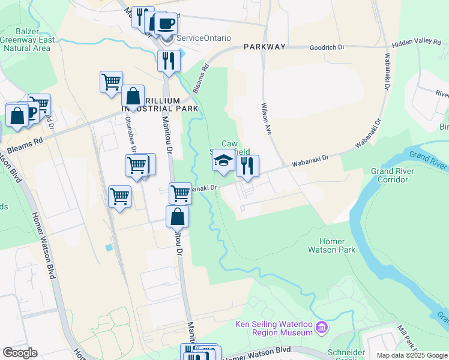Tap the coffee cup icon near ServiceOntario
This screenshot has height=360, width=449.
[x=166, y=24]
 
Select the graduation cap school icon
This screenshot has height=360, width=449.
[x=223, y=161]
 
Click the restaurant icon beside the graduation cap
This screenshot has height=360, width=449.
[x=247, y=166]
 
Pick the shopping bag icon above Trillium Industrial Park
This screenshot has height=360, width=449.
[x=133, y=96]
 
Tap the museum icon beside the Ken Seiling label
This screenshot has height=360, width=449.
[x=322, y=328]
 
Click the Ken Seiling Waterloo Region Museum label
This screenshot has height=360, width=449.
[x=273, y=328]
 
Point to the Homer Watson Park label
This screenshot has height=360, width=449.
[x=331, y=245]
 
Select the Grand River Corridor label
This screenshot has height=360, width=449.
[x=390, y=175]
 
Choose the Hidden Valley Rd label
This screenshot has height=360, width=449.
[x=416, y=42]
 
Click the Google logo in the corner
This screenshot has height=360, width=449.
[x=20, y=353]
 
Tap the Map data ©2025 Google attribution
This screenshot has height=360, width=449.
[x=411, y=355]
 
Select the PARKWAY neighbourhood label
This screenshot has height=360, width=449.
[x=264, y=46]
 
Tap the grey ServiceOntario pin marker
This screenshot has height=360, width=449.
[x=168, y=38]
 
